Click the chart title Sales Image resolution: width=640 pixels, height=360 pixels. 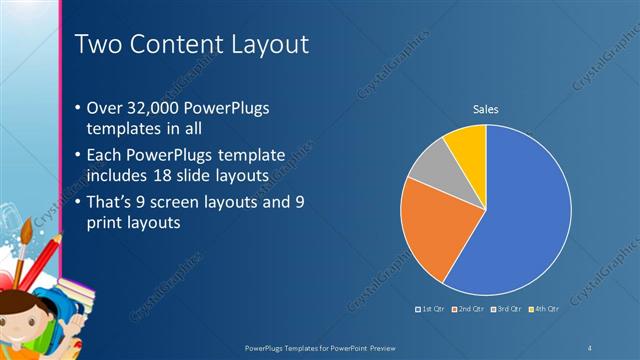[485, 109]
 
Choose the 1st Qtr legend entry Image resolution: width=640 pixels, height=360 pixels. [430, 309]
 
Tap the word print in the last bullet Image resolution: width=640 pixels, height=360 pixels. [104, 223]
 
